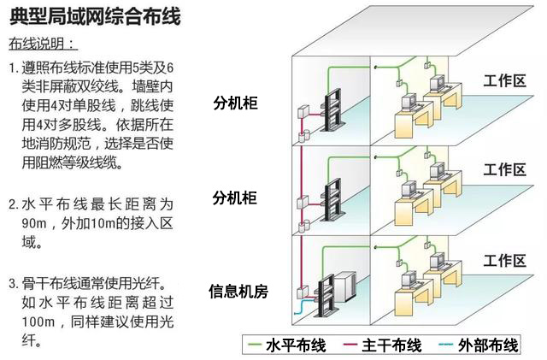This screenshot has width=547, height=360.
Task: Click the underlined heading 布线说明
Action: click(x=43, y=44)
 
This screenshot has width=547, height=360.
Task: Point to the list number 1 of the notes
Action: click(x=13, y=67)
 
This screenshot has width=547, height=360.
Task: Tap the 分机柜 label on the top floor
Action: click(x=235, y=104)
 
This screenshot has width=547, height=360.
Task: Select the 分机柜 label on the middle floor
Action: click(x=235, y=198)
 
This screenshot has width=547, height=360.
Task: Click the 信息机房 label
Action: click(x=238, y=292)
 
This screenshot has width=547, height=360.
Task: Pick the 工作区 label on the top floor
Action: click(x=504, y=81)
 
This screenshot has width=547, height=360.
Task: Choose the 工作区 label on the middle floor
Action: click(x=504, y=169)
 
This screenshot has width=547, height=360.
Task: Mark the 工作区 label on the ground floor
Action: click(x=504, y=260)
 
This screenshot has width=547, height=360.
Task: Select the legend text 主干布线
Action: click(x=392, y=345)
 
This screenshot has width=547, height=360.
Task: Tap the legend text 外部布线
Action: click(x=488, y=345)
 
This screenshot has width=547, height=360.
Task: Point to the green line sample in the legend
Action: click(x=253, y=345)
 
